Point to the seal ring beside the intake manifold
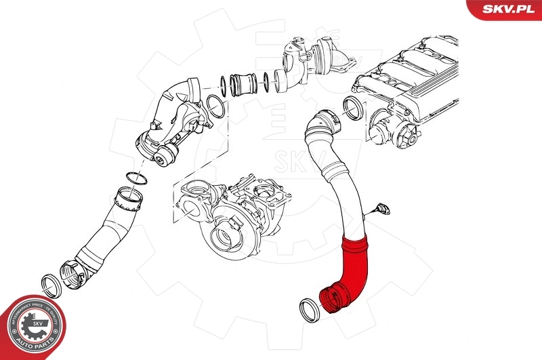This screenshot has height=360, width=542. coord(352,107)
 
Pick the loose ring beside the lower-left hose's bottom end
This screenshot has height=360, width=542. coord(51,283)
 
